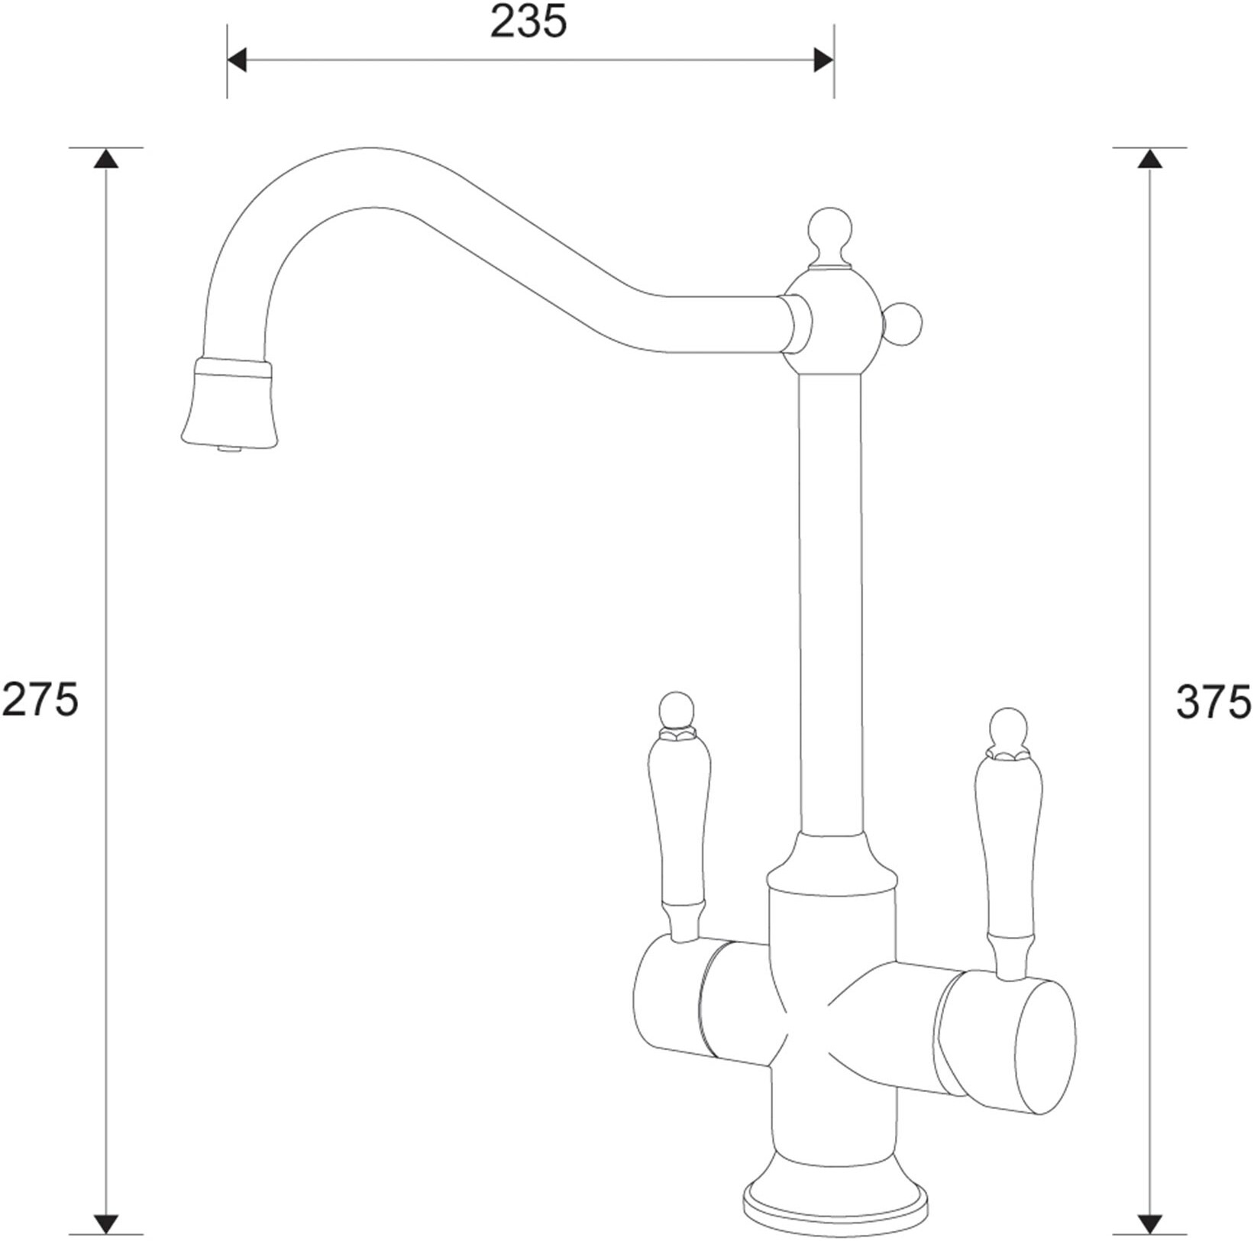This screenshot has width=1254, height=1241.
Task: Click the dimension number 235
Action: coord(528,22)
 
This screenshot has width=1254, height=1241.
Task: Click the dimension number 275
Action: coord(40,700)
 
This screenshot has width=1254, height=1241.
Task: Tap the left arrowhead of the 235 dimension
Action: coord(237,60)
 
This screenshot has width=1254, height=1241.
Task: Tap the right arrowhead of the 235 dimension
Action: coord(823,60)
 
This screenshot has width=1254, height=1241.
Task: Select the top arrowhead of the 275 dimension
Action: coord(106,158)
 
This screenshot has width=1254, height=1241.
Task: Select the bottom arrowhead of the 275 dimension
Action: coord(106,1223)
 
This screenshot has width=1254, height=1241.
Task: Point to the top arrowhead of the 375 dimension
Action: coord(1149,158)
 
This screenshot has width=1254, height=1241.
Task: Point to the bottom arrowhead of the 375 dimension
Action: coord(1149,1223)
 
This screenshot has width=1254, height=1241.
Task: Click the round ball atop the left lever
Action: coord(677,709)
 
